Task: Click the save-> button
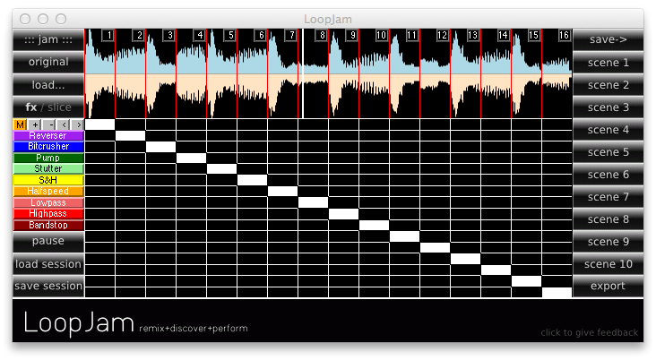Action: tap(608, 39)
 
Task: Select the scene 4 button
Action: tap(608, 130)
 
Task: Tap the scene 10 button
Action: tap(608, 264)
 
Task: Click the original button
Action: tap(48, 62)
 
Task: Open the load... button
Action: tap(48, 84)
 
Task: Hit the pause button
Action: tap(48, 242)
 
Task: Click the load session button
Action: tap(48, 264)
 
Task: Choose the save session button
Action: tap(48, 287)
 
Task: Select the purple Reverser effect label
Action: tap(48, 135)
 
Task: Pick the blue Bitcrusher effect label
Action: tap(48, 146)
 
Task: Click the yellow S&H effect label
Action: tap(48, 180)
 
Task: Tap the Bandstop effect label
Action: tap(48, 225)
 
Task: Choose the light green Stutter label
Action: tap(48, 168)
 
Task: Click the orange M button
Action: tap(20, 124)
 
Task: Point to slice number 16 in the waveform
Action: tap(564, 35)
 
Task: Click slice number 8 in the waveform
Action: tap(321, 35)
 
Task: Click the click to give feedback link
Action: tap(589, 333)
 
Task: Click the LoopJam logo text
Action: tap(78, 323)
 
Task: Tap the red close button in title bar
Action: tap(25, 18)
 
